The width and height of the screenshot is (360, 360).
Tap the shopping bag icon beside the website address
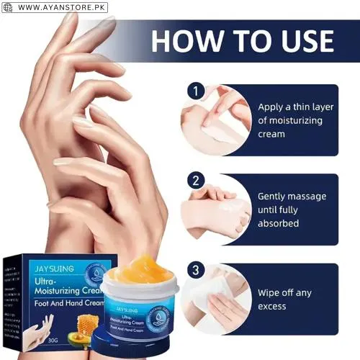[8, 7]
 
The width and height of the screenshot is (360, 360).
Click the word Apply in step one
[273, 107]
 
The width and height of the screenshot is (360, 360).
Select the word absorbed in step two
[279, 223]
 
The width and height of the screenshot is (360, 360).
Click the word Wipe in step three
[272, 292]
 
